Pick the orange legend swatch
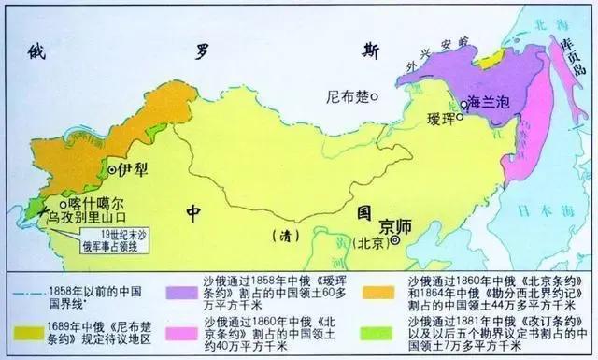click(x=387, y=281)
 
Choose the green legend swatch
click(x=387, y=324)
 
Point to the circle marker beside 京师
click(x=396, y=240)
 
